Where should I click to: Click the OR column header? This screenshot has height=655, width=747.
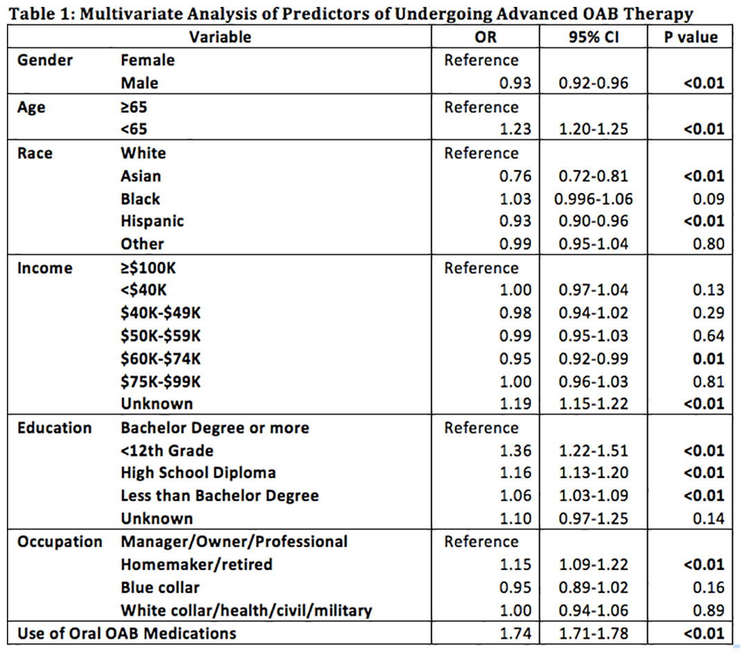(x=486, y=37)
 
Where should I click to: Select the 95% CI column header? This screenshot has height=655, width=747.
(x=593, y=37)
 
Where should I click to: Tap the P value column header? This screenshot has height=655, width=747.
(x=691, y=37)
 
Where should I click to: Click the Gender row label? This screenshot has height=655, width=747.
(x=45, y=60)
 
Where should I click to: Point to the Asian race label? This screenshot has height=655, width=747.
(x=140, y=176)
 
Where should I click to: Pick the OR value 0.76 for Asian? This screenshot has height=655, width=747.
(x=515, y=176)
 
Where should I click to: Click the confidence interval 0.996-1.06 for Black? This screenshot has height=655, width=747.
(x=593, y=199)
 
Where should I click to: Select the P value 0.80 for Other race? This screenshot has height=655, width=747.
(x=708, y=244)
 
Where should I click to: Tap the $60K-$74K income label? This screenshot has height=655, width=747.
(x=160, y=359)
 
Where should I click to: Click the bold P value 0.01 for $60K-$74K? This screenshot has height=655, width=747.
(x=708, y=359)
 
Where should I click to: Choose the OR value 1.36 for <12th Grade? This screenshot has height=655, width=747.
(x=515, y=451)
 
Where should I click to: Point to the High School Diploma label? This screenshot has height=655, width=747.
(x=199, y=472)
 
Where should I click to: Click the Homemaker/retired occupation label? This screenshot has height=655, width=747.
(x=196, y=564)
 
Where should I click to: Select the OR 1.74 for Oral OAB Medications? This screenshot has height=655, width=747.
(x=515, y=634)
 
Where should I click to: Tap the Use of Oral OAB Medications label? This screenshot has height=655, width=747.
(x=127, y=634)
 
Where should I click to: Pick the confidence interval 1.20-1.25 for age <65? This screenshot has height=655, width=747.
(x=593, y=129)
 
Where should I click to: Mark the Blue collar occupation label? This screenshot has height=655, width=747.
(x=160, y=587)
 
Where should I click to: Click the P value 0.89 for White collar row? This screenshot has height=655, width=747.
(x=708, y=610)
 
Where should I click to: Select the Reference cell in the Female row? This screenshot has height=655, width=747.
(x=481, y=60)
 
